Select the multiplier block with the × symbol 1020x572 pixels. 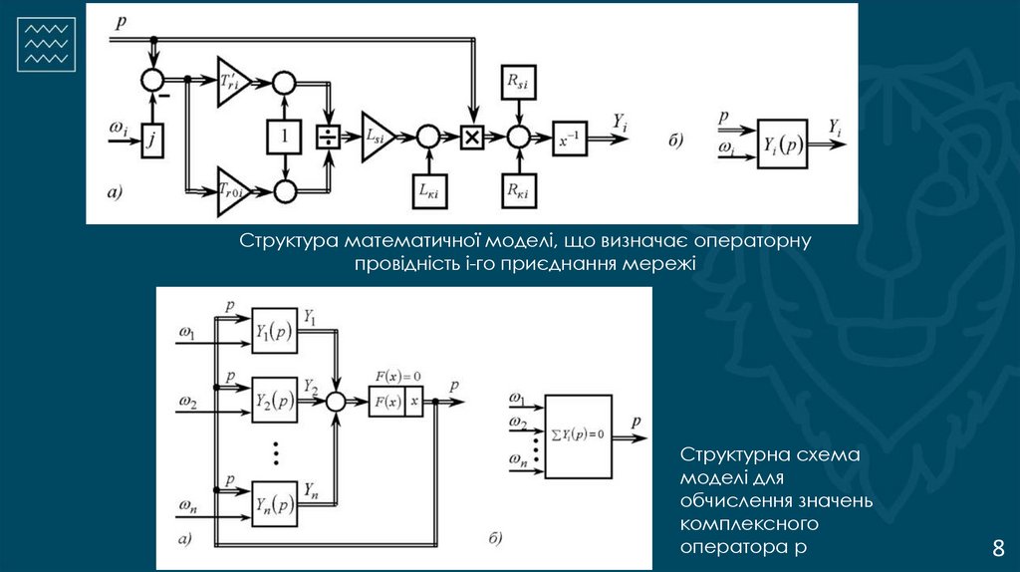pos(472,138)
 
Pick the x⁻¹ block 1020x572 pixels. pos(570,139)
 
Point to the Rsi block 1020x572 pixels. pos(517,86)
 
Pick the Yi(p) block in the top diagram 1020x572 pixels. pos(782,145)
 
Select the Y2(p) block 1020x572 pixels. pos(274,401)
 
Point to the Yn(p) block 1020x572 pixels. pos(274,503)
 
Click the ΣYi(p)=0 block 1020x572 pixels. pos(579,436)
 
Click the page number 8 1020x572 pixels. pos(998,548)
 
